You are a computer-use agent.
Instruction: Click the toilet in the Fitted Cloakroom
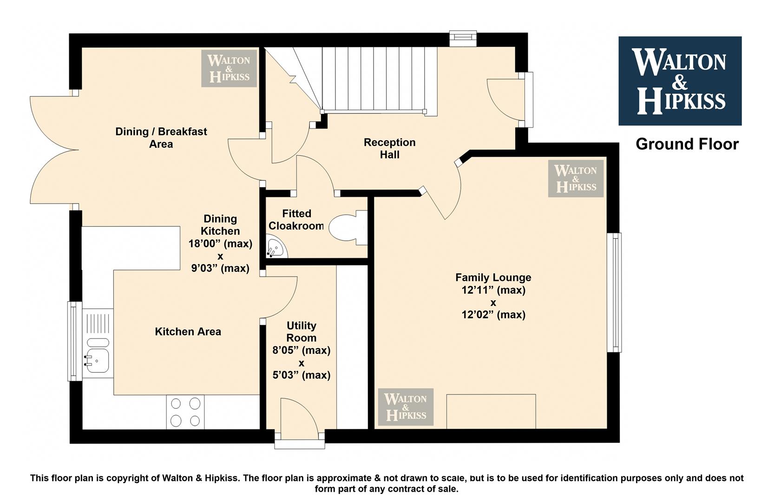click(348, 227)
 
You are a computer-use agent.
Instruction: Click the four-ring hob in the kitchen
click(185, 412)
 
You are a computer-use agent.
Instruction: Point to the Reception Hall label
click(390, 149)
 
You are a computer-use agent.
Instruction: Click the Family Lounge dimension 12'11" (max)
click(493, 290)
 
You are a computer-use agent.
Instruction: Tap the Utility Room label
click(302, 332)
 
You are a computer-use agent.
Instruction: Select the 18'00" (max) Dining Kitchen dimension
click(221, 244)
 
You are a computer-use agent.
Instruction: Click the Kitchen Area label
click(188, 332)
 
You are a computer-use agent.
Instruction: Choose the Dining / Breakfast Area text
click(161, 138)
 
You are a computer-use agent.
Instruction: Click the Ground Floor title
click(687, 144)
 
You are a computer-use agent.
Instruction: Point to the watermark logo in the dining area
click(229, 68)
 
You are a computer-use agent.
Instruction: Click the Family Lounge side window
click(614, 292)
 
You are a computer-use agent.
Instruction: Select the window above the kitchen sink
click(74, 341)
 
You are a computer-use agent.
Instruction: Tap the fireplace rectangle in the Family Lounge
click(491, 411)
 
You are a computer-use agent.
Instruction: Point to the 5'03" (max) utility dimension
click(302, 375)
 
